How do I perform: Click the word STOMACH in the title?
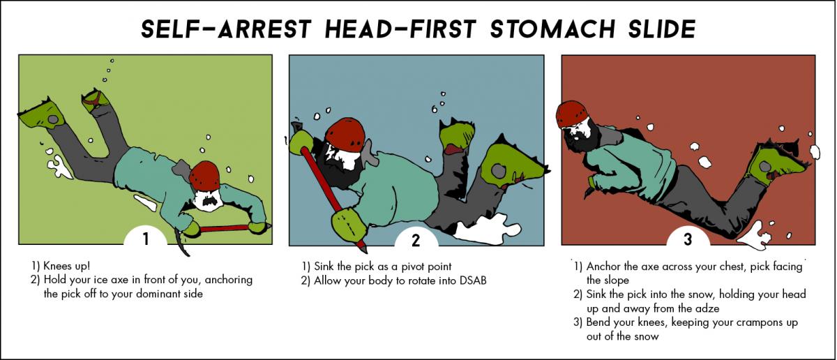(x=552, y=29)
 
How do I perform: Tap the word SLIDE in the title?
(x=662, y=29)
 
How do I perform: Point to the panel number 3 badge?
(x=688, y=239)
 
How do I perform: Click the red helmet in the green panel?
(x=205, y=176)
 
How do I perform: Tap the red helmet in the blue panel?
(x=345, y=135)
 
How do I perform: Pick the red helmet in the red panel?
(x=571, y=114)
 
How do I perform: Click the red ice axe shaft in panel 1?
(x=224, y=228)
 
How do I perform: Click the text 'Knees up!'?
(x=67, y=266)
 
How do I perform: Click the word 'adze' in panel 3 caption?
(x=705, y=308)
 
